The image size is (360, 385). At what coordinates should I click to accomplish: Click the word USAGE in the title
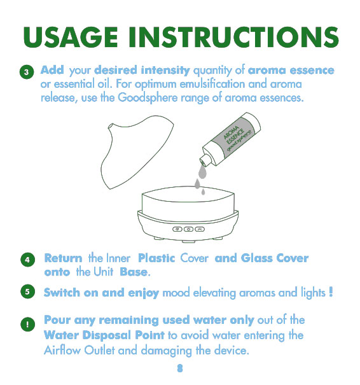[x=71, y=37]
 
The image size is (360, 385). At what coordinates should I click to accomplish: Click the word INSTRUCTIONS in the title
[x=234, y=37]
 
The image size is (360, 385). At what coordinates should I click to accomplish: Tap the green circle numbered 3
[x=27, y=72]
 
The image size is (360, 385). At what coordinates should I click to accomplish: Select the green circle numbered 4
[x=27, y=260]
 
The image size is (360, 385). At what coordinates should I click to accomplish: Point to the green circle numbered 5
[x=27, y=291]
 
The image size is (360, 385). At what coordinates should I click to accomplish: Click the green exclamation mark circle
[x=27, y=325]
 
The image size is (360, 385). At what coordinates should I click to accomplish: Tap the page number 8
[x=180, y=368]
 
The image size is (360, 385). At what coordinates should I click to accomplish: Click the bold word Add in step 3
[x=52, y=70]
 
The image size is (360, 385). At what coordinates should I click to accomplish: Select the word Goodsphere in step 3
[x=148, y=98]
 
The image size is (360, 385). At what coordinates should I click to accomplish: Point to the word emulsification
[x=212, y=84]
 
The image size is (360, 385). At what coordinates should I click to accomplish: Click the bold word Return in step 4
[x=64, y=258]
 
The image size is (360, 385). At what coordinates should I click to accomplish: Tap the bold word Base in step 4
[x=134, y=272]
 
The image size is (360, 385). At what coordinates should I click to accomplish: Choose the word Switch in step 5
[x=62, y=293]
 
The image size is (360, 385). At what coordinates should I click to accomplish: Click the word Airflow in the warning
[x=62, y=350]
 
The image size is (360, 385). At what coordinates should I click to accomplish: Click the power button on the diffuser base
[x=188, y=229]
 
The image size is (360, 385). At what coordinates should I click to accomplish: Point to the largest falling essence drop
[x=202, y=172]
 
